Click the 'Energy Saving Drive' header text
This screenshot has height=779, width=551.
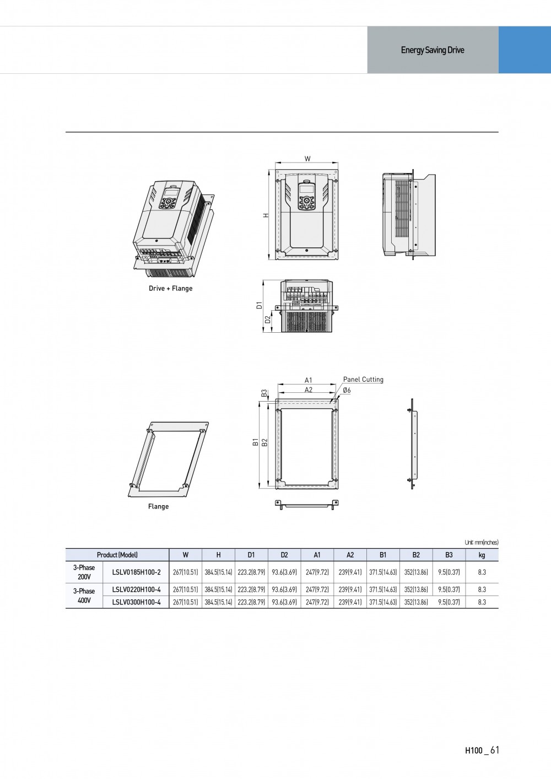point(433,50)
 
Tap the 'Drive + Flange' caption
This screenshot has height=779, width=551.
point(170,288)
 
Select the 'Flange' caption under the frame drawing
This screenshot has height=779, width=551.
point(158,506)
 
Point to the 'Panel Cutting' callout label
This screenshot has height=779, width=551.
point(363,380)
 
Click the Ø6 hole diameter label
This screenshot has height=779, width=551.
point(347,390)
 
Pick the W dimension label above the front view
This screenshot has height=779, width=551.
point(307,159)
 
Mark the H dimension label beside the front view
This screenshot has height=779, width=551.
point(266,215)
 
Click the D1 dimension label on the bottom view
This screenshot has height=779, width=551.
point(259,306)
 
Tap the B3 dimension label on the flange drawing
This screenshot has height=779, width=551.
point(264,393)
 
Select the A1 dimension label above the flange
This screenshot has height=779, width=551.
point(309,380)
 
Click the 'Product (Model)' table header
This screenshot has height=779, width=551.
point(117,555)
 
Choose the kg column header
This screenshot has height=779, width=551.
point(482,555)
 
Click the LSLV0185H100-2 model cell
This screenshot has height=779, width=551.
point(136,572)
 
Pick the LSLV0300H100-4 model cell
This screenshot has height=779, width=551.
point(136,602)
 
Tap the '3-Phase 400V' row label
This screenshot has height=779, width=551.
point(84,596)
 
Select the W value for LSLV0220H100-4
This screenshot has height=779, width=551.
point(185,589)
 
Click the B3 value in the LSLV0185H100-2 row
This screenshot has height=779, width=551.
point(449,572)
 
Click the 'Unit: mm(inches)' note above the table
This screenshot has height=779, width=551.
point(482,542)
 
